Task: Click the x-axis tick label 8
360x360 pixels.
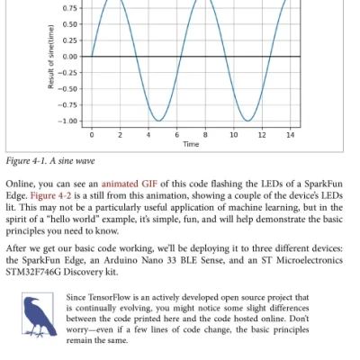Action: click(x=205, y=134)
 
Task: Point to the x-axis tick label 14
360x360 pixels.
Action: click(x=290, y=134)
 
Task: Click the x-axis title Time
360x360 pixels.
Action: click(x=191, y=144)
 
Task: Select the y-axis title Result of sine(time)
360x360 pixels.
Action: click(x=51, y=57)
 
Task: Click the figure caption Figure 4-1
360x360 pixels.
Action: click(x=26, y=161)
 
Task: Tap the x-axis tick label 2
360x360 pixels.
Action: click(x=120, y=134)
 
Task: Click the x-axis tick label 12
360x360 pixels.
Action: click(x=262, y=134)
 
